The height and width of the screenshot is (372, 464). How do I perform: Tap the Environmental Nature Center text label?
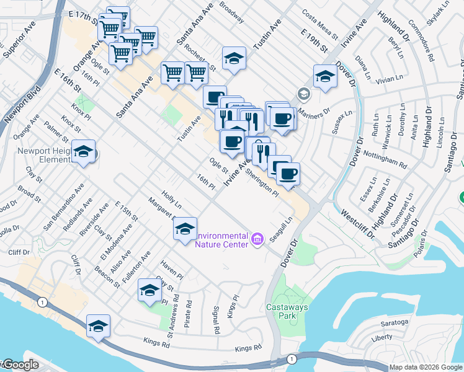point(221,239)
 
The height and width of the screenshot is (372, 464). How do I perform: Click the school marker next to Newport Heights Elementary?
point(83,152)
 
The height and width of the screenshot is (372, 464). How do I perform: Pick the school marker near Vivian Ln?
point(324,77)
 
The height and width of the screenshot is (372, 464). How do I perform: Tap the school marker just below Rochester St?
point(234,59)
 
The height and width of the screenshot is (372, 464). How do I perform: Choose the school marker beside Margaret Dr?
point(184,229)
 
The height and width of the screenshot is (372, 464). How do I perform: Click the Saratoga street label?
point(395,322)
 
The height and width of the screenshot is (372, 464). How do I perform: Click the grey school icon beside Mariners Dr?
point(303,94)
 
